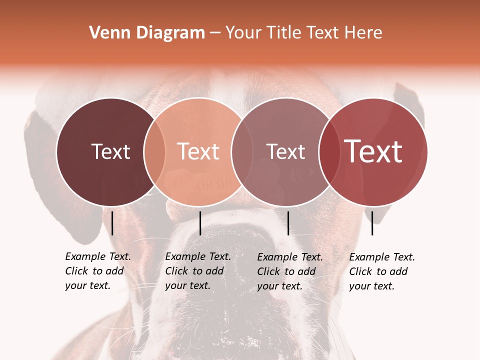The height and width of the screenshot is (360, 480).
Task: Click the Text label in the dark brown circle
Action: point(110,151)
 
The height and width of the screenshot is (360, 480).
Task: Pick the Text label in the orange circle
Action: point(198,151)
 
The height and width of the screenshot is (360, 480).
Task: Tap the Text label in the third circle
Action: point(285,151)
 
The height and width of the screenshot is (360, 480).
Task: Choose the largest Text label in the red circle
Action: point(373,151)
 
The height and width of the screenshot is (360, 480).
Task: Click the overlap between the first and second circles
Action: point(154,151)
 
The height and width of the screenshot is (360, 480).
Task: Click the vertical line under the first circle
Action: point(112,223)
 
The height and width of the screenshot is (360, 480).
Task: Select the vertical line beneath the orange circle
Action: point(200,223)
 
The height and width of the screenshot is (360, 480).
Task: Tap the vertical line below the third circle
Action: point(288,223)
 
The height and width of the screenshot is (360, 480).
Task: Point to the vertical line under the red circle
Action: point(372,223)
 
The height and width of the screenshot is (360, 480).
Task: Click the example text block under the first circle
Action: point(97,271)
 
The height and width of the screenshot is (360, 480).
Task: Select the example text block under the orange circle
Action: point(197,271)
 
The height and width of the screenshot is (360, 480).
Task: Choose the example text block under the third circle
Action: point(289,271)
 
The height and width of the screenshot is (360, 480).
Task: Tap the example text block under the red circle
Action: point(381,271)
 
